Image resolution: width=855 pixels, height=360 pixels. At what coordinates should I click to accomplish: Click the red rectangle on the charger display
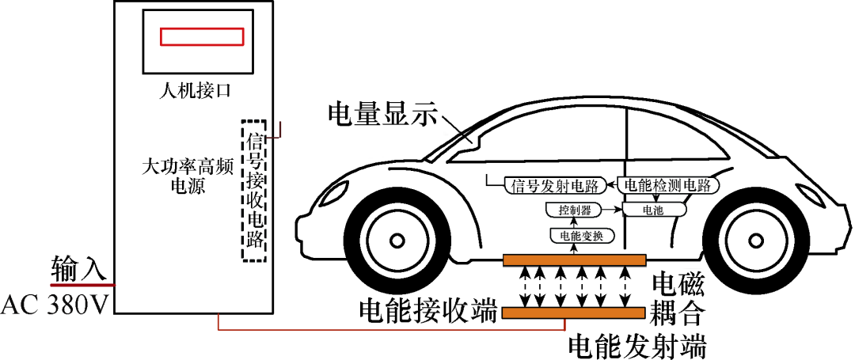point(201,37)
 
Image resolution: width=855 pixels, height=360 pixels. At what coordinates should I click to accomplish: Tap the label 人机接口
point(194,90)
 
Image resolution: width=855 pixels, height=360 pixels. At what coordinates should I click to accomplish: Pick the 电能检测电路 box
point(671,185)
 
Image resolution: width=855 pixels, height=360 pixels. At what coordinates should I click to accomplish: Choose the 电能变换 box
point(576,235)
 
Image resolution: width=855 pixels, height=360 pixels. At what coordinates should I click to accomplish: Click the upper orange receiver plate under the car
point(575,260)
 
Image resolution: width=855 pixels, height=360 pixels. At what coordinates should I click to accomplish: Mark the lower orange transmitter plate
point(575,313)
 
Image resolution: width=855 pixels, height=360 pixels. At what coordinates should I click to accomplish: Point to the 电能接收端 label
point(428,310)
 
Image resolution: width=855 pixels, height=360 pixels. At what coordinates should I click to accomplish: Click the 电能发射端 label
point(637,345)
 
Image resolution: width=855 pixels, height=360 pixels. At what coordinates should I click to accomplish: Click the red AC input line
point(83,284)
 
